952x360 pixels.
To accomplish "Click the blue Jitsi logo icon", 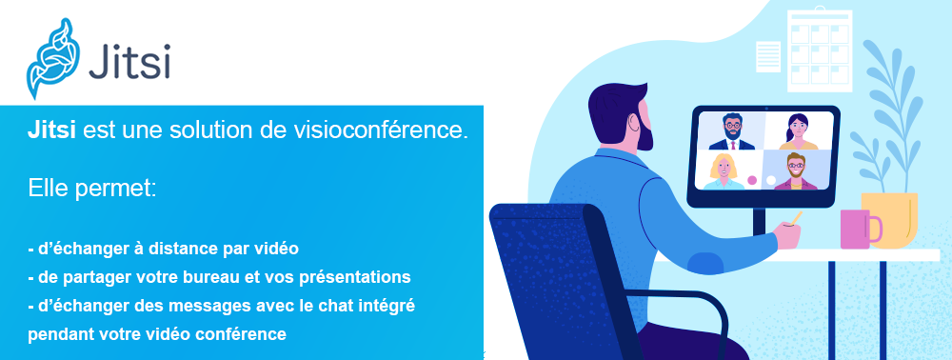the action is pos(52,58).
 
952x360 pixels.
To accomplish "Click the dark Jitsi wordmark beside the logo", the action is pos(129,61).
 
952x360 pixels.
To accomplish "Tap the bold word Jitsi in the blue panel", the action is pos(51,130).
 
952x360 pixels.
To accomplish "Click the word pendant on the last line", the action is pos(54,334).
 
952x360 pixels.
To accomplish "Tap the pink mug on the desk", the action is pos(859,229).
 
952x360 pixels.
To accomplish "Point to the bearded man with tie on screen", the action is pos(732,131).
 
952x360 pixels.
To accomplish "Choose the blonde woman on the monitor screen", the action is pos(724,171).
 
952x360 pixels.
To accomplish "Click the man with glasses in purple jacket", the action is pos(795,171).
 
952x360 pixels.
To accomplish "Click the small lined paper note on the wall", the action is pos(768,56).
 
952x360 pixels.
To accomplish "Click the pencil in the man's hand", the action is pos(794,218).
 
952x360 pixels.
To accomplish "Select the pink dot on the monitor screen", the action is pos(752,180).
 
